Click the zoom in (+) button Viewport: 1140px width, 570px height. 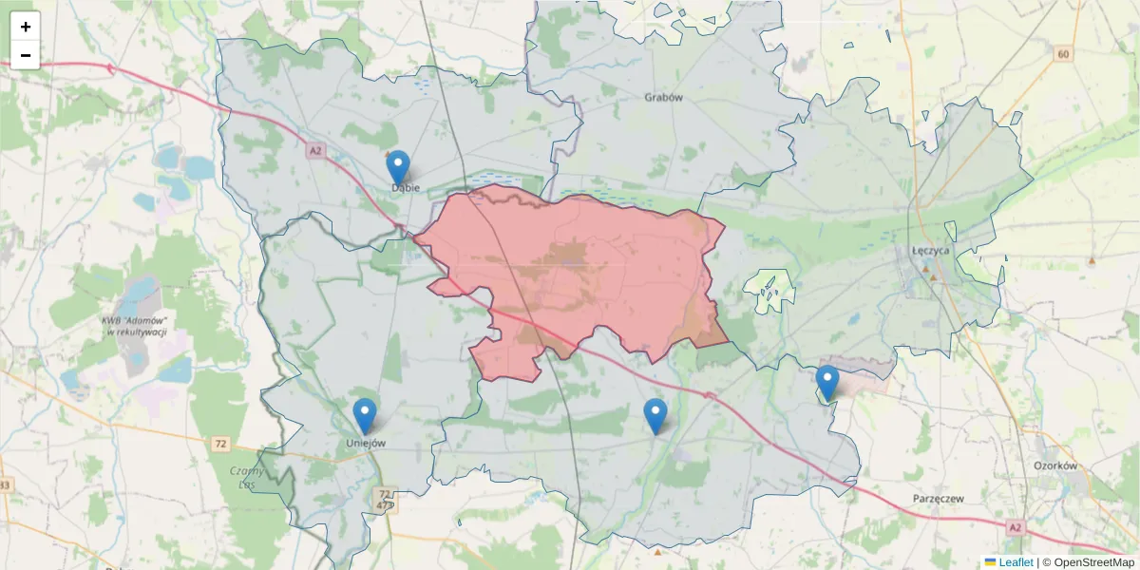26,27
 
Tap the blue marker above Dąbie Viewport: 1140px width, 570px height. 399,167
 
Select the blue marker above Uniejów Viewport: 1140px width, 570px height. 365,415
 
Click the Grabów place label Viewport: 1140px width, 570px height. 664,97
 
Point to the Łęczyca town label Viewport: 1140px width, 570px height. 924,250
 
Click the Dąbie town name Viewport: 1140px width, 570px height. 406,188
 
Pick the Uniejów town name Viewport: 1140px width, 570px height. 365,443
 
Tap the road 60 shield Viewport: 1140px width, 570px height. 1062,54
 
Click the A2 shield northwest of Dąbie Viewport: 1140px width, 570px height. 315,150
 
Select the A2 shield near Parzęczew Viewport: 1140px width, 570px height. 1016,527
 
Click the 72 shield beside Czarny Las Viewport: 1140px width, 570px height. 220,444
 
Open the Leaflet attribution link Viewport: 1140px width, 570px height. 1016,562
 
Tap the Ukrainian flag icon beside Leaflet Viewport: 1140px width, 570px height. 990,562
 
